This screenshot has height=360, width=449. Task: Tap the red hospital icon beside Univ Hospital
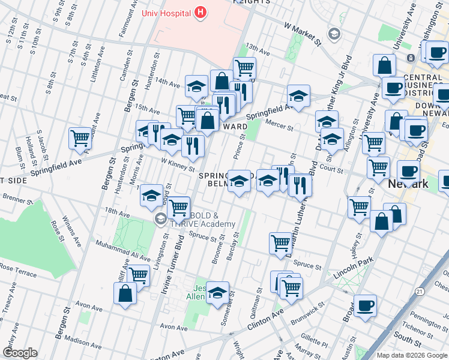pyautogui.click(x=200, y=13)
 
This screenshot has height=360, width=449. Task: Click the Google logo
pyautogui.click(x=19, y=353)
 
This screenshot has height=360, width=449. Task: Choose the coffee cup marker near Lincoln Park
pyautogui.click(x=365, y=305)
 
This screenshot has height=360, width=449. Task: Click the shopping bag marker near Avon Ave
pyautogui.click(x=125, y=293)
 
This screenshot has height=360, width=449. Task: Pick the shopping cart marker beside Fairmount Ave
pyautogui.click(x=80, y=138)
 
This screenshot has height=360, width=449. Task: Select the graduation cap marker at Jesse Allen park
pyautogui.click(x=217, y=292)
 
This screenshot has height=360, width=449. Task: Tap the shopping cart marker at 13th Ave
pyautogui.click(x=244, y=68)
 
